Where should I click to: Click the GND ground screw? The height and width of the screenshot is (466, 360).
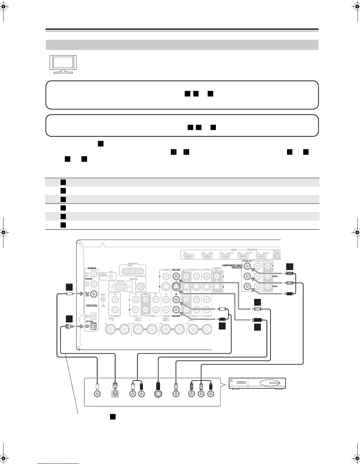tap(103, 299)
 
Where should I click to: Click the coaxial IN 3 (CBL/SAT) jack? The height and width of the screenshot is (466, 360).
tap(94, 294)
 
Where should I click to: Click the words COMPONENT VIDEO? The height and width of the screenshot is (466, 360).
tap(232, 265)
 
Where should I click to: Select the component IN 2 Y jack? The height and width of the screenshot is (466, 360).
tap(247, 267)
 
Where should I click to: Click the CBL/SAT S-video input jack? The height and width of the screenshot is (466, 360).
tap(176, 287)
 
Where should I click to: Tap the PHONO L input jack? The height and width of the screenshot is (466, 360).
tap(115, 299)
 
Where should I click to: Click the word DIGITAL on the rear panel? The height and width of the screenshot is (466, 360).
tap(92, 268)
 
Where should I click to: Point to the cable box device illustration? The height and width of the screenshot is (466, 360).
tap(257, 383)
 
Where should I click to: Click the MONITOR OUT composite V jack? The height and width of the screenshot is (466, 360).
tap(217, 276)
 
